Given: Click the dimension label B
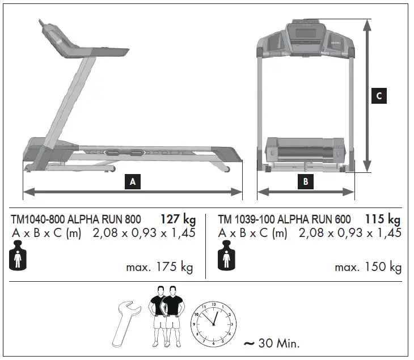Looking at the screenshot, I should tap(306, 182).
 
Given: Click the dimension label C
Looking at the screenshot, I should tap(378, 96).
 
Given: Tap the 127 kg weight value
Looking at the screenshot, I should tap(178, 219).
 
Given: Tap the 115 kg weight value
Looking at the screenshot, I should tap(383, 219).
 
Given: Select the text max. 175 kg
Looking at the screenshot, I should tap(159, 267).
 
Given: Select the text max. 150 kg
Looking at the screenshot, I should tap(367, 267).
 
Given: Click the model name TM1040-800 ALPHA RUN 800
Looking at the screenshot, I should tap(76, 219).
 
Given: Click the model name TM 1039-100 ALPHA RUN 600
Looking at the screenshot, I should tap(284, 219).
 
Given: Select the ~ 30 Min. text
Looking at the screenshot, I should tap(271, 343).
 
